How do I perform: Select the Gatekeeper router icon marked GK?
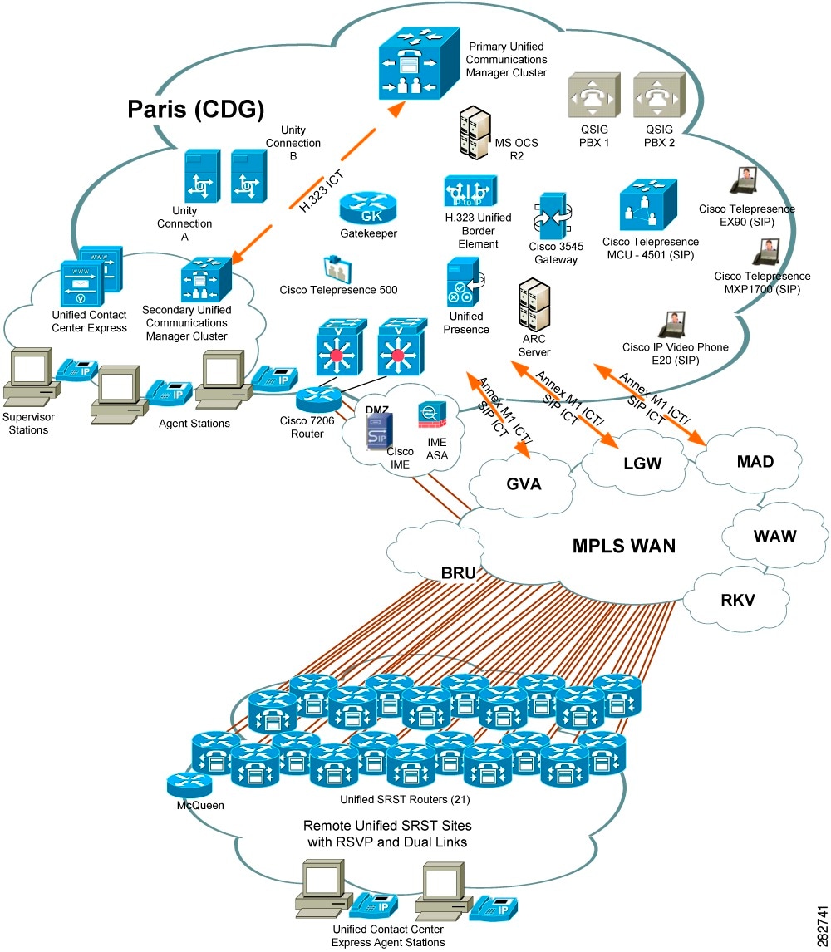[368, 209]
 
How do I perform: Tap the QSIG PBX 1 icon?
[593, 96]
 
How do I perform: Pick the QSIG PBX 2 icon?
[656, 96]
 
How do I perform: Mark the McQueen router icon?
[189, 783]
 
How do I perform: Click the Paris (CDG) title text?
[196, 109]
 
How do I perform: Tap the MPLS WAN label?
[624, 546]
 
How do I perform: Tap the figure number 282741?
[821, 922]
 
